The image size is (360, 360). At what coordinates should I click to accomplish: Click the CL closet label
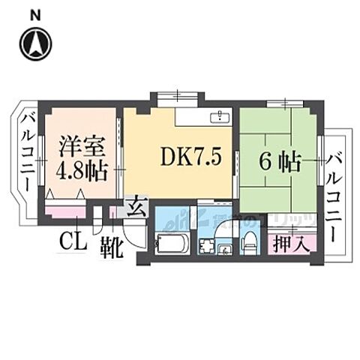pos(71,242)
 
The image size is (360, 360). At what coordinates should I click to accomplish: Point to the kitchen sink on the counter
pos(220,117)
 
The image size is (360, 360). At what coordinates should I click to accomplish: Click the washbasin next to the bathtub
pos(205,246)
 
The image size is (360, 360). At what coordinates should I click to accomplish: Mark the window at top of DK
pos(177,96)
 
